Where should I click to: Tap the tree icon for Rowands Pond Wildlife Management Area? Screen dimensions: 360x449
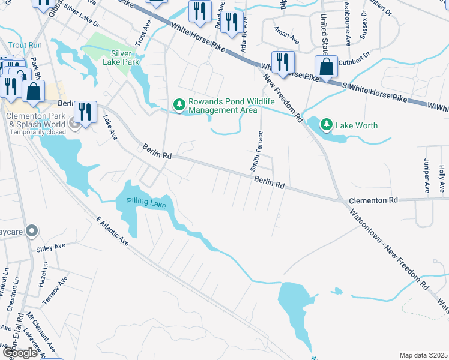click(x=179, y=105)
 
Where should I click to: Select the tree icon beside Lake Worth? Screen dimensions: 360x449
click(x=326, y=125)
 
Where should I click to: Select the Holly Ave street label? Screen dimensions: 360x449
click(x=442, y=179)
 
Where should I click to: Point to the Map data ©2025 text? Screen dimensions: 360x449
click(x=423, y=355)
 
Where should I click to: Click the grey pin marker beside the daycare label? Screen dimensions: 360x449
click(x=32, y=230)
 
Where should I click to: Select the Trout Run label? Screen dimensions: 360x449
click(x=26, y=45)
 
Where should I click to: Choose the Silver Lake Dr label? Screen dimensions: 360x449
click(x=82, y=17)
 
